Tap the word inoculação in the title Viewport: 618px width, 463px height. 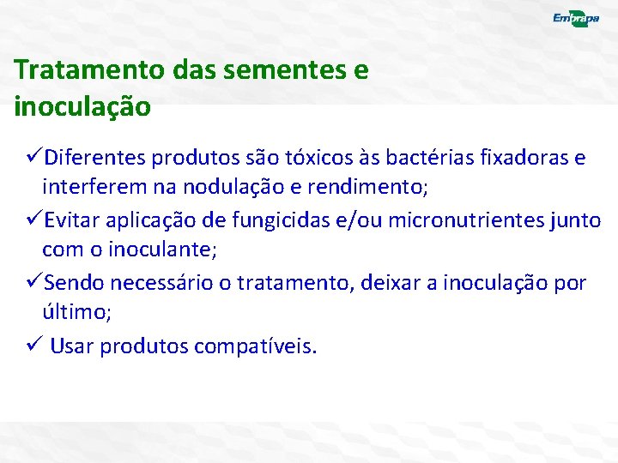click(82, 107)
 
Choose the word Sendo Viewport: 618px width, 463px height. click(71, 283)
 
